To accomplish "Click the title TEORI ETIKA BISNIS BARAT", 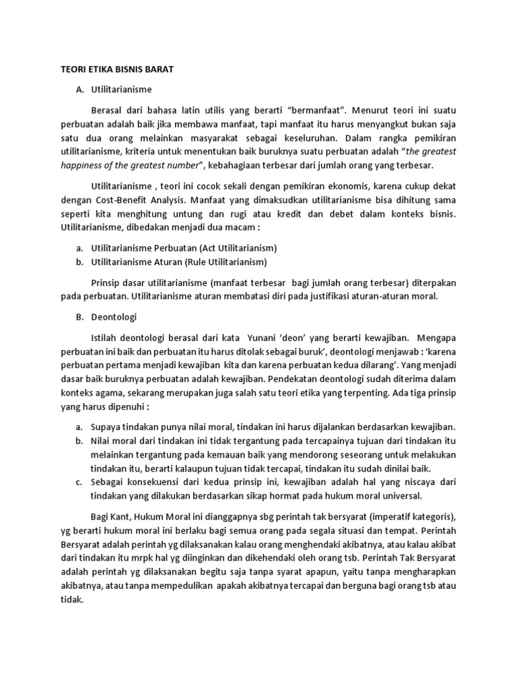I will click(x=113, y=68).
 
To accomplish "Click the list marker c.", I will click(x=79, y=482).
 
